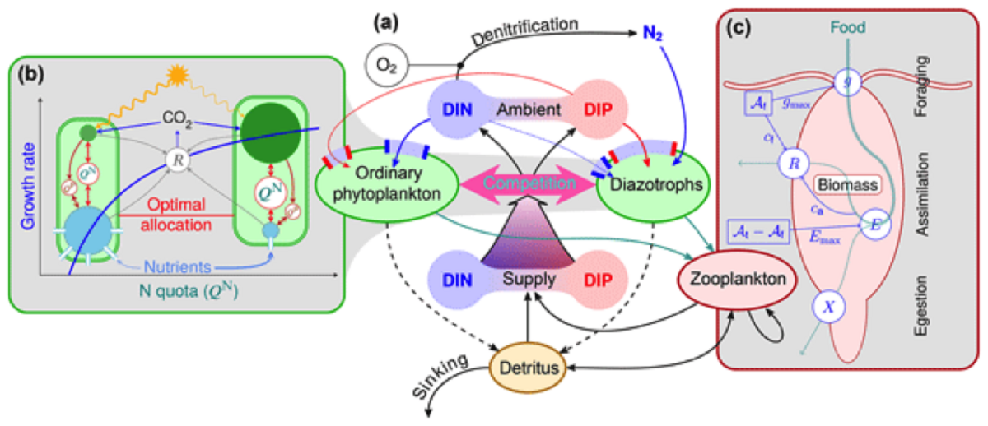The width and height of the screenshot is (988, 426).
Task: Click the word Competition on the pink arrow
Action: pyautogui.click(x=511, y=179)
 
